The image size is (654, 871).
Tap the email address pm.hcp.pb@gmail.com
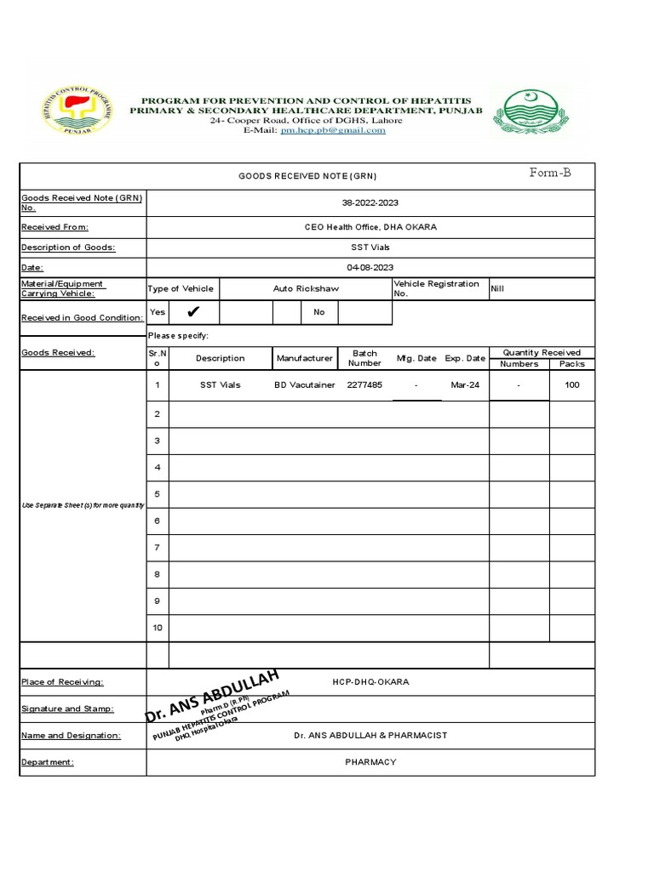(x=339, y=130)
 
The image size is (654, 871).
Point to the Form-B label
(x=550, y=173)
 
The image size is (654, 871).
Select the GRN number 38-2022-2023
(x=370, y=202)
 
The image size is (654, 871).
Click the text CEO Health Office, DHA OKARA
(x=370, y=227)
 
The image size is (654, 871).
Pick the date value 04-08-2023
(x=370, y=267)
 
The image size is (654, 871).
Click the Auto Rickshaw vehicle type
(x=306, y=288)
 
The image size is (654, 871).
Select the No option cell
(x=319, y=312)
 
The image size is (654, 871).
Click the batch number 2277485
(x=364, y=384)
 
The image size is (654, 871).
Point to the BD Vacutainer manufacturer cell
(x=305, y=384)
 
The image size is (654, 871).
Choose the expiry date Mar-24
(x=464, y=384)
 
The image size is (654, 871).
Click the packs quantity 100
(x=571, y=384)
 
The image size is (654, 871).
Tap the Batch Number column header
(x=364, y=358)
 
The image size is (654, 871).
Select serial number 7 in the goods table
(x=157, y=547)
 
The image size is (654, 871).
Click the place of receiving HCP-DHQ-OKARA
(x=370, y=682)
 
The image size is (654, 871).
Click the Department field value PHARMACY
(x=370, y=761)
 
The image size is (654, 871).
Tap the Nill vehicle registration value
(x=498, y=288)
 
